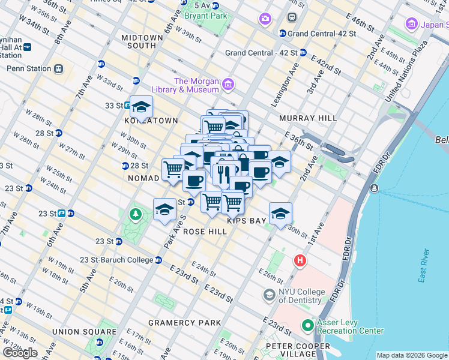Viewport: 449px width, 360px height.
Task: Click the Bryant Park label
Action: coord(206,16)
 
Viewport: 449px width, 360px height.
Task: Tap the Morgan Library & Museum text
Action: coord(196,85)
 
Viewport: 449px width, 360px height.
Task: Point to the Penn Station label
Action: coord(29,68)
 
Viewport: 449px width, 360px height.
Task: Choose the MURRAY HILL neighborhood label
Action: coord(308,118)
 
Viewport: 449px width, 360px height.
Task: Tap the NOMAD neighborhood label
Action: coord(143,178)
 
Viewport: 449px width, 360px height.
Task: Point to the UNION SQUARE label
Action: coord(84,332)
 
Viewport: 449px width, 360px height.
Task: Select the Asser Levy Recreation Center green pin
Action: coord(308,326)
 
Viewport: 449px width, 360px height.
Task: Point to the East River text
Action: coord(424,265)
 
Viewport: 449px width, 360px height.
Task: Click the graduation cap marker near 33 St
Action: coord(141,107)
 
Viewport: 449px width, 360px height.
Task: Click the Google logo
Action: coord(20,353)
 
